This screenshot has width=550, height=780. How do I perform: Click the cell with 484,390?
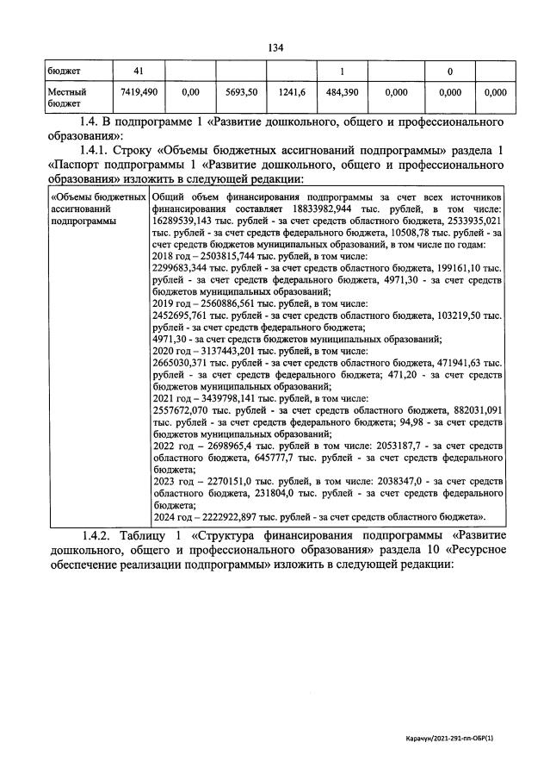pos(343,91)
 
